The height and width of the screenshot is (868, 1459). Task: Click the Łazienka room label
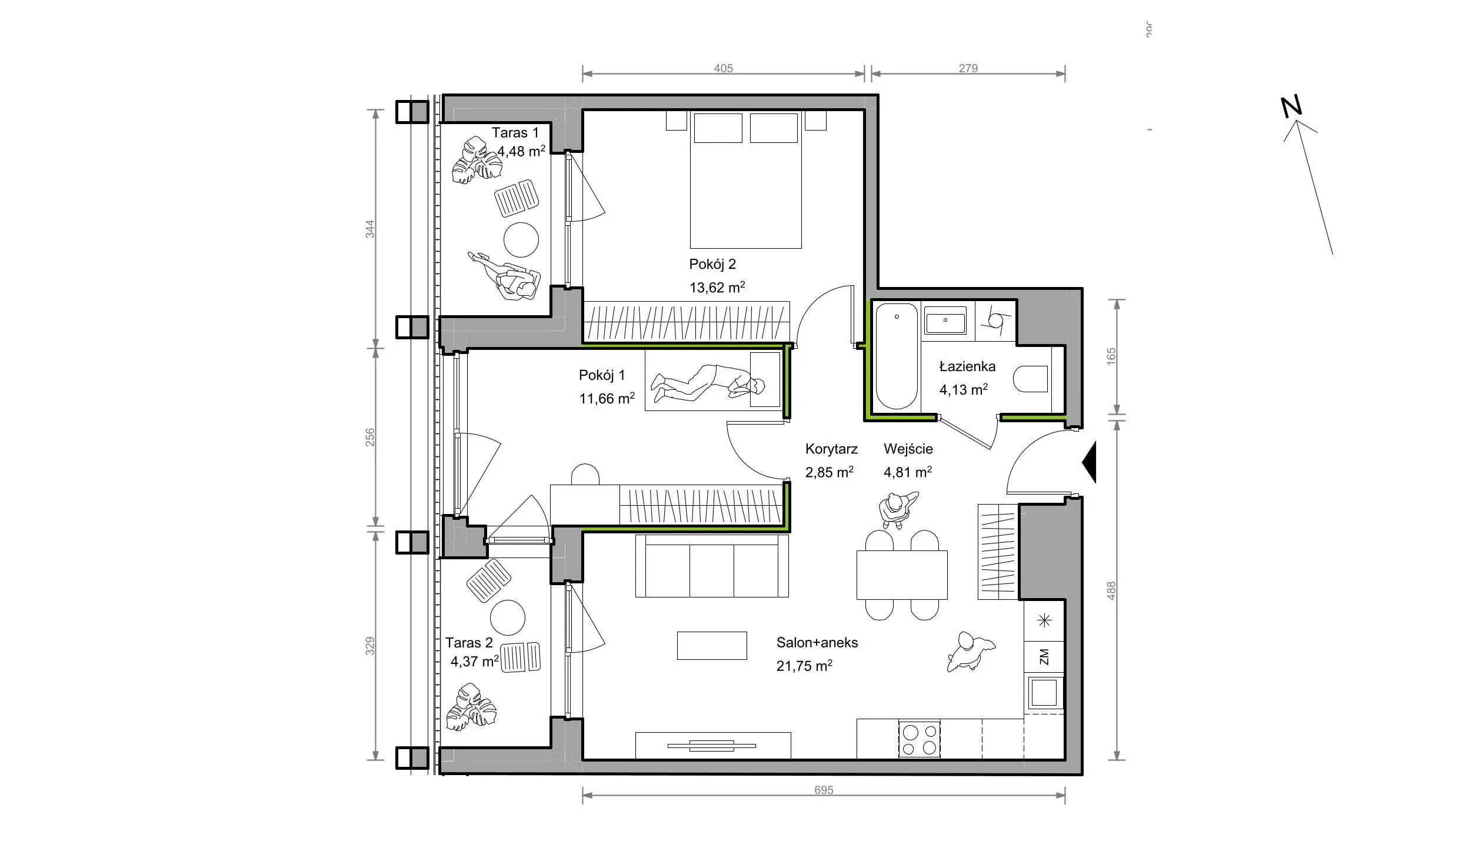coord(967,367)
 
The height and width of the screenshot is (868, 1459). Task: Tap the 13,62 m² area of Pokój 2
coord(717,287)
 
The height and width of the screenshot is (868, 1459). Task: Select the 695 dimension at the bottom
coord(824,790)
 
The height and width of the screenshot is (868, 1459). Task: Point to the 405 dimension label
coord(723,68)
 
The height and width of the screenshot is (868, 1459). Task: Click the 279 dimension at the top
coord(968,68)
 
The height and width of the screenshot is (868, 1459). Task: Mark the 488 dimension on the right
coord(1111,590)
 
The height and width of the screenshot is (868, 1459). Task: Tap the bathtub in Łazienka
coord(897,356)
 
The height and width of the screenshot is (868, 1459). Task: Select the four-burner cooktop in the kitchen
coord(919,739)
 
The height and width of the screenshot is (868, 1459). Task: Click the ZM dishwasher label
coord(1044,656)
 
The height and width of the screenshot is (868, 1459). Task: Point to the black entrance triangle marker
coord(1089,462)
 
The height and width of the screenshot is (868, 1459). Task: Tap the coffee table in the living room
coord(712,646)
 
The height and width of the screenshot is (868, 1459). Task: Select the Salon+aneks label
coord(817,643)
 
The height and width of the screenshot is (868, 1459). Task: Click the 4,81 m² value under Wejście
coord(908,472)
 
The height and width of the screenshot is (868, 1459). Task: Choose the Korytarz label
coord(831,449)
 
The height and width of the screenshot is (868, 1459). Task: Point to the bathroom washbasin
coord(945,321)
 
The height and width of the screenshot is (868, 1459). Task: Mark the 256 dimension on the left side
coord(370,438)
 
